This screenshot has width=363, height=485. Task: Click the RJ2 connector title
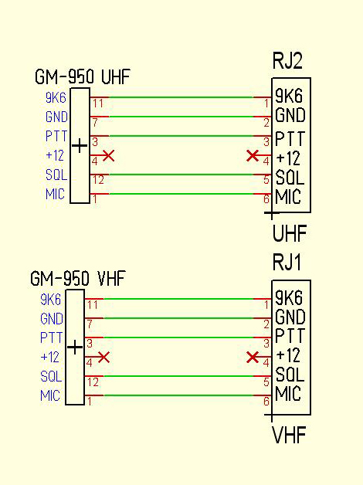tap(287, 61)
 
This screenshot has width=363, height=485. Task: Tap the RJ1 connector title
tap(287, 263)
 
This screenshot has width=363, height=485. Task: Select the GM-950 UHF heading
tap(83, 76)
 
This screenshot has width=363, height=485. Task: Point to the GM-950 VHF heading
tap(78, 278)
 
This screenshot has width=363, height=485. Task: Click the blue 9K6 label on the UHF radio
tap(56, 98)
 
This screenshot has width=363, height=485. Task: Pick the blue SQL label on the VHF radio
tap(51, 376)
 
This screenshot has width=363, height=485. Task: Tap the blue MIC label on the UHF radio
tap(55, 194)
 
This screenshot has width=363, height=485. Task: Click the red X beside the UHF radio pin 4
tap(108, 155)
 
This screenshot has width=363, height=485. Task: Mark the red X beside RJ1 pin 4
tap(253, 358)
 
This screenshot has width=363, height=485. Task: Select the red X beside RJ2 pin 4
tap(253, 155)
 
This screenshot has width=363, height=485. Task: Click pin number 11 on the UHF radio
tap(98, 103)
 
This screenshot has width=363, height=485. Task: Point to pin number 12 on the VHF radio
tap(93, 382)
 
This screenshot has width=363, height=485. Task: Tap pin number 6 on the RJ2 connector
tap(266, 199)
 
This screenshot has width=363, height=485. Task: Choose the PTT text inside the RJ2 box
tap(290, 138)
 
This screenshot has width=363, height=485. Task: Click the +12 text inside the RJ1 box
tap(288, 355)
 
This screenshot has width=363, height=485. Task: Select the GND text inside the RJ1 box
tap(290, 317)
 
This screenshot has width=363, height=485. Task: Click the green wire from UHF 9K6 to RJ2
tap(181, 97)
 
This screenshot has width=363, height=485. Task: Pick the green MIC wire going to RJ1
tap(178, 395)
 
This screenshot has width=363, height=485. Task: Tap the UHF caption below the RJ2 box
tap(290, 233)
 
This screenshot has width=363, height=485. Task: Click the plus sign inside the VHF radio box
tap(75, 347)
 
